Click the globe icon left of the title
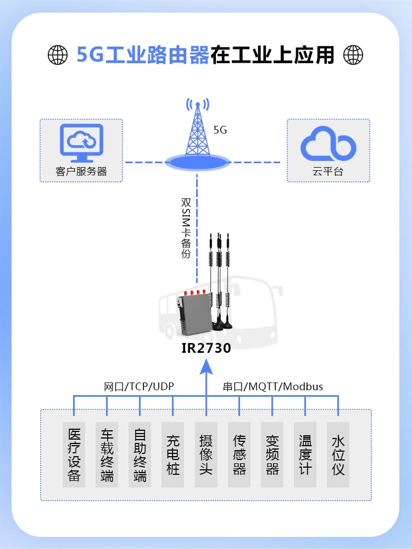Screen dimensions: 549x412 click(x=58, y=54)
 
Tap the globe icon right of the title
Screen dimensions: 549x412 click(x=353, y=54)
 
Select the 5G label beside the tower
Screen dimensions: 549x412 click(x=220, y=130)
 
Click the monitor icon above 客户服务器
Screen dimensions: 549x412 click(x=81, y=142)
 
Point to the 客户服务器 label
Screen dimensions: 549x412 click(x=81, y=171)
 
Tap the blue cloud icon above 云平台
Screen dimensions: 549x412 click(x=329, y=144)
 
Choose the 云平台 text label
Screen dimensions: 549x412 click(x=328, y=171)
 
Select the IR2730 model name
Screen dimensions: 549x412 click(x=206, y=348)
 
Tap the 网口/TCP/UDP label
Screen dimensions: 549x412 click(x=139, y=386)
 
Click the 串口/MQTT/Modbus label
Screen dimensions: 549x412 click(x=273, y=386)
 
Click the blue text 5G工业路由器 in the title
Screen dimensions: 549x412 click(x=143, y=55)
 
